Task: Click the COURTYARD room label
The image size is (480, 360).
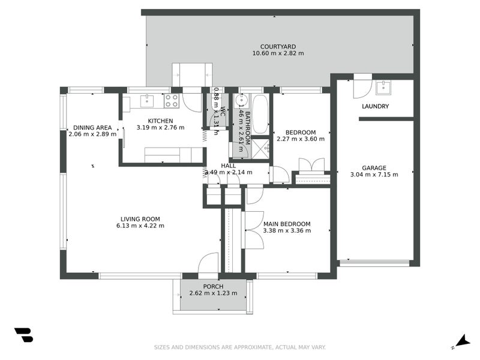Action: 278,46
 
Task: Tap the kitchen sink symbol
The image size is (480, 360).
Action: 147,100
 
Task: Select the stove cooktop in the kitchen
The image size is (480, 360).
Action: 172,100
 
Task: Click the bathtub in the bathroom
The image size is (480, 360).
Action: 260,113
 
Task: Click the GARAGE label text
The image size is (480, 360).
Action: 374,168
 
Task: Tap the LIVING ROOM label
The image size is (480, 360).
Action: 140,219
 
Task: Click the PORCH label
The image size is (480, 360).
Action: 213,286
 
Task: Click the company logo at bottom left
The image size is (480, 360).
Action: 23,335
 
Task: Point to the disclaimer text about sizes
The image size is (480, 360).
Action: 239,347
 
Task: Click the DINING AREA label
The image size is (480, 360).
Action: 92,127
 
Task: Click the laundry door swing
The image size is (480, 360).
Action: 362,88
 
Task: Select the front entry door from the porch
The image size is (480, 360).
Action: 208,264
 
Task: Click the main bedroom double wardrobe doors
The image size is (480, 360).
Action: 253,230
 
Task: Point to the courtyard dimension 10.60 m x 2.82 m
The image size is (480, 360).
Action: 278,53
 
